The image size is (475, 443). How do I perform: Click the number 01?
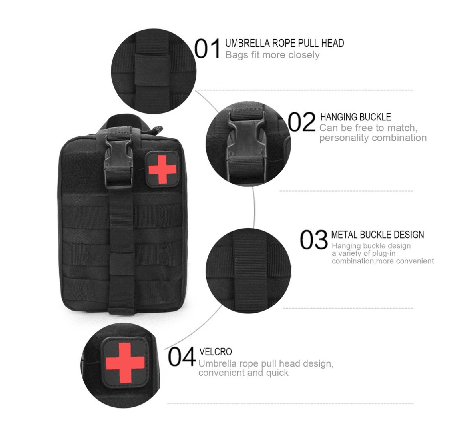tap(208, 49)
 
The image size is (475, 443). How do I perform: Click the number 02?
tap(302, 122)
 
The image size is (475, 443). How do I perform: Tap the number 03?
tap(314, 240)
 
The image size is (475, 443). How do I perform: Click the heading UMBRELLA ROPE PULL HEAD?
tap(284, 43)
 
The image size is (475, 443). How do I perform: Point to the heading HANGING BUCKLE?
tap(355, 117)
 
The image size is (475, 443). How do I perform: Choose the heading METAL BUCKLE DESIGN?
tap(377, 235)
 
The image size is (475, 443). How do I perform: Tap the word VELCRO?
tap(215, 352)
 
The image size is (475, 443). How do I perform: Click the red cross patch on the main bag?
tap(162, 169)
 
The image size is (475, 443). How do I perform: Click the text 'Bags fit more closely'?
tap(272, 55)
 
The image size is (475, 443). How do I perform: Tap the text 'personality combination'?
tap(373, 138)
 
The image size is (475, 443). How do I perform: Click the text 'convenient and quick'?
tap(243, 373)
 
